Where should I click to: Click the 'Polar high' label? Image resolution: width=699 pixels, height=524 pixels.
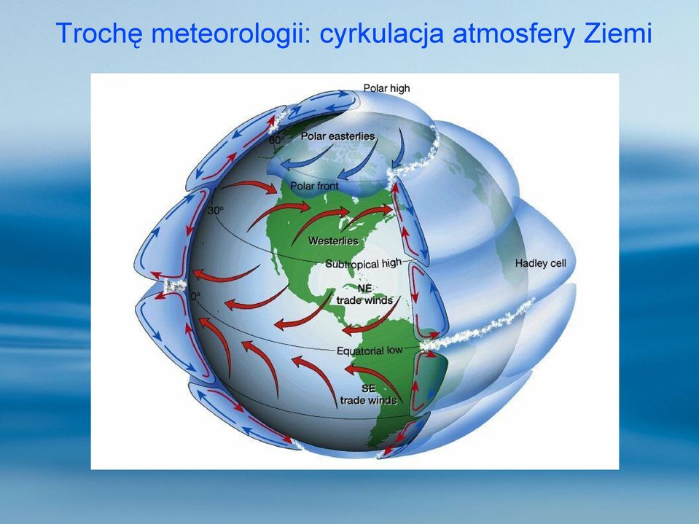click(386, 88)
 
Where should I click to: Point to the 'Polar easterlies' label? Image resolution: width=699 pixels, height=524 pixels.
click(338, 136)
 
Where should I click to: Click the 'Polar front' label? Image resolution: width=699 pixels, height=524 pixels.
click(315, 186)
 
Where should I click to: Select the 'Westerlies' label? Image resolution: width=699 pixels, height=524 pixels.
click(333, 241)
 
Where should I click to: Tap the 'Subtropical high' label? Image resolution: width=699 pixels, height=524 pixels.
click(363, 263)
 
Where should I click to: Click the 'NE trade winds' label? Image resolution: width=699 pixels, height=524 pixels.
click(364, 294)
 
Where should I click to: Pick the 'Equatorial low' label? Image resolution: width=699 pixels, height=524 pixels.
click(370, 351)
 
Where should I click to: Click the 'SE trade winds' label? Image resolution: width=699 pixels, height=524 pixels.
click(368, 394)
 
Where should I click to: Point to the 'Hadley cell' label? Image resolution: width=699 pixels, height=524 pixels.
click(541, 263)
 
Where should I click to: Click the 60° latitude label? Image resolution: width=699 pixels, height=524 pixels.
click(276, 140)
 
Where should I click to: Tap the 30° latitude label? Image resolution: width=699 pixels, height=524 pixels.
click(216, 210)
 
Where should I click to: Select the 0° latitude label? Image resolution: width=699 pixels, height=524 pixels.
click(195, 296)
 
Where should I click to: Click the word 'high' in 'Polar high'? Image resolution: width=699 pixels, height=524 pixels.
click(400, 89)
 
